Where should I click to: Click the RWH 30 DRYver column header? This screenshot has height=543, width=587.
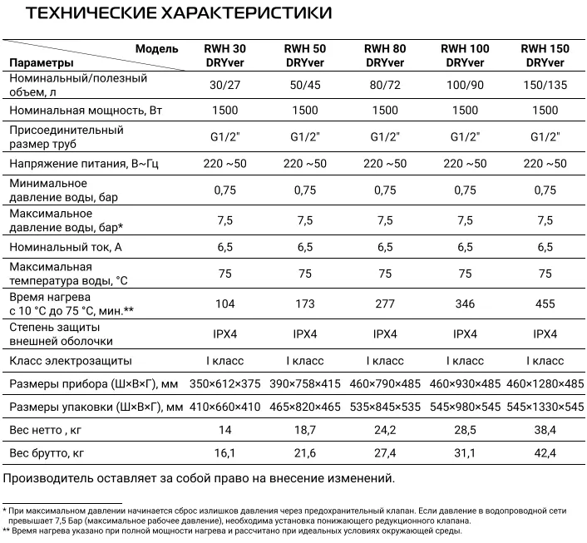[x=224, y=56]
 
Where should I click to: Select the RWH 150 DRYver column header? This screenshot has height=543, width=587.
[x=545, y=56]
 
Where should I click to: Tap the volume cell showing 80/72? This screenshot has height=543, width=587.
[x=385, y=85]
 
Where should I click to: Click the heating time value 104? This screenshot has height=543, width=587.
[x=224, y=304]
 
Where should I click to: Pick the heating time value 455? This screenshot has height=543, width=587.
[x=545, y=304]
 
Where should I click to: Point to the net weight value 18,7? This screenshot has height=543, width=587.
[x=304, y=430]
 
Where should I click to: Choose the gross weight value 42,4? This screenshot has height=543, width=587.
[x=545, y=453]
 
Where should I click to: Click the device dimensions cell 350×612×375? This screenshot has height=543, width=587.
[x=224, y=383]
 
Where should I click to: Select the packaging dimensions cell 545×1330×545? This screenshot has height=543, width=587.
[x=545, y=407]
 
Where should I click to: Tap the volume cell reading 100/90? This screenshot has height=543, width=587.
[x=465, y=85]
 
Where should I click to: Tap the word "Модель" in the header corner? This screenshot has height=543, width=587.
[x=156, y=49]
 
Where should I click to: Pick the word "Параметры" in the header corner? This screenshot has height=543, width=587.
[x=42, y=62]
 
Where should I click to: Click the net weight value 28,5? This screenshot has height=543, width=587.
[x=465, y=430]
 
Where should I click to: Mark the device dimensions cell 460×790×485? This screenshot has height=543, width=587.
[x=385, y=383]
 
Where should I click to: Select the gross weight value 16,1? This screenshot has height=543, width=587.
[x=224, y=453]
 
